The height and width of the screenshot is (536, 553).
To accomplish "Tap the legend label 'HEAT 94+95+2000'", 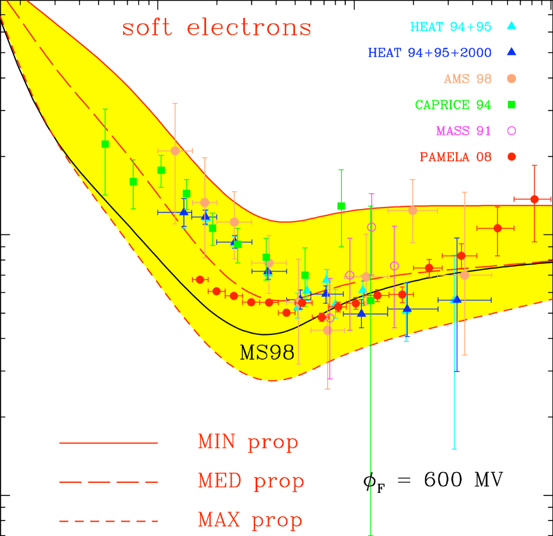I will coord(429,53).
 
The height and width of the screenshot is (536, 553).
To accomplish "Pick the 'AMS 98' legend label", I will coord(468,79).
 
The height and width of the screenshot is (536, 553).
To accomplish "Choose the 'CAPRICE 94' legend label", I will coord(453,105).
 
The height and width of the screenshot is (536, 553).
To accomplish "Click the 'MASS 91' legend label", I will coord(463,131).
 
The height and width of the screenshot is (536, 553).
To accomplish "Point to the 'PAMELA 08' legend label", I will coord(456,157).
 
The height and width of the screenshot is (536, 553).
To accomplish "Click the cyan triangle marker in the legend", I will coord(511,26).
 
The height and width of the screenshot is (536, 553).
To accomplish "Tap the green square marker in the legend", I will coord(511,104).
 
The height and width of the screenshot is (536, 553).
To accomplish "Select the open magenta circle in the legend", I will coord(511,131).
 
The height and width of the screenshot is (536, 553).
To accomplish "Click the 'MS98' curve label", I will coord(267,353).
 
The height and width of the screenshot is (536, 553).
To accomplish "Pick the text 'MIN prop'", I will coord(248,442).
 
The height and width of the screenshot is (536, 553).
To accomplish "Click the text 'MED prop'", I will coord(251,481).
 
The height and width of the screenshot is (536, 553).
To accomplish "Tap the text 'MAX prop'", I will coord(250,520).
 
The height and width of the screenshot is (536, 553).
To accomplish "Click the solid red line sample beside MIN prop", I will coord(109,443).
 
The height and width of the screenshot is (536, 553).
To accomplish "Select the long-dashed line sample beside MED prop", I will coord(109,482).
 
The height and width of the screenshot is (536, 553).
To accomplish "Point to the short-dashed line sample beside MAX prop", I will coord(109,520).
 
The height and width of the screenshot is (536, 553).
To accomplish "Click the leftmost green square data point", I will coord(105,144).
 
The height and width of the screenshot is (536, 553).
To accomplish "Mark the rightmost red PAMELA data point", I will coord(534,199).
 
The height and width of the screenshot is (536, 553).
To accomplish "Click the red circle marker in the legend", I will coord(511,157).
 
